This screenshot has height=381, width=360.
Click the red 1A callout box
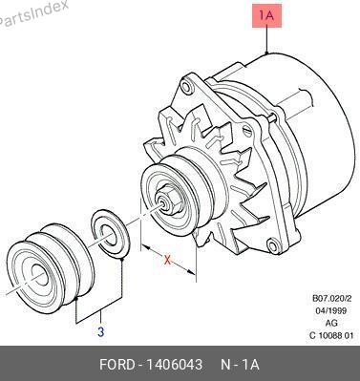(267, 15)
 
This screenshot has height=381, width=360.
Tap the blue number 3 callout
(100, 332)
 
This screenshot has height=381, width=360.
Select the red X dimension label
(167, 261)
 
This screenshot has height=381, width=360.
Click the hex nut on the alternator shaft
(169, 201)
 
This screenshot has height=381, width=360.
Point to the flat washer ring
(110, 233)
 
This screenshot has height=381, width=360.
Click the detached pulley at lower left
(51, 268)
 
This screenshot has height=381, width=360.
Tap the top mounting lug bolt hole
(187, 86)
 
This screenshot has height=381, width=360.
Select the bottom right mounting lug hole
(273, 246)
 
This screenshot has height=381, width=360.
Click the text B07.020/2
(331, 299)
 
